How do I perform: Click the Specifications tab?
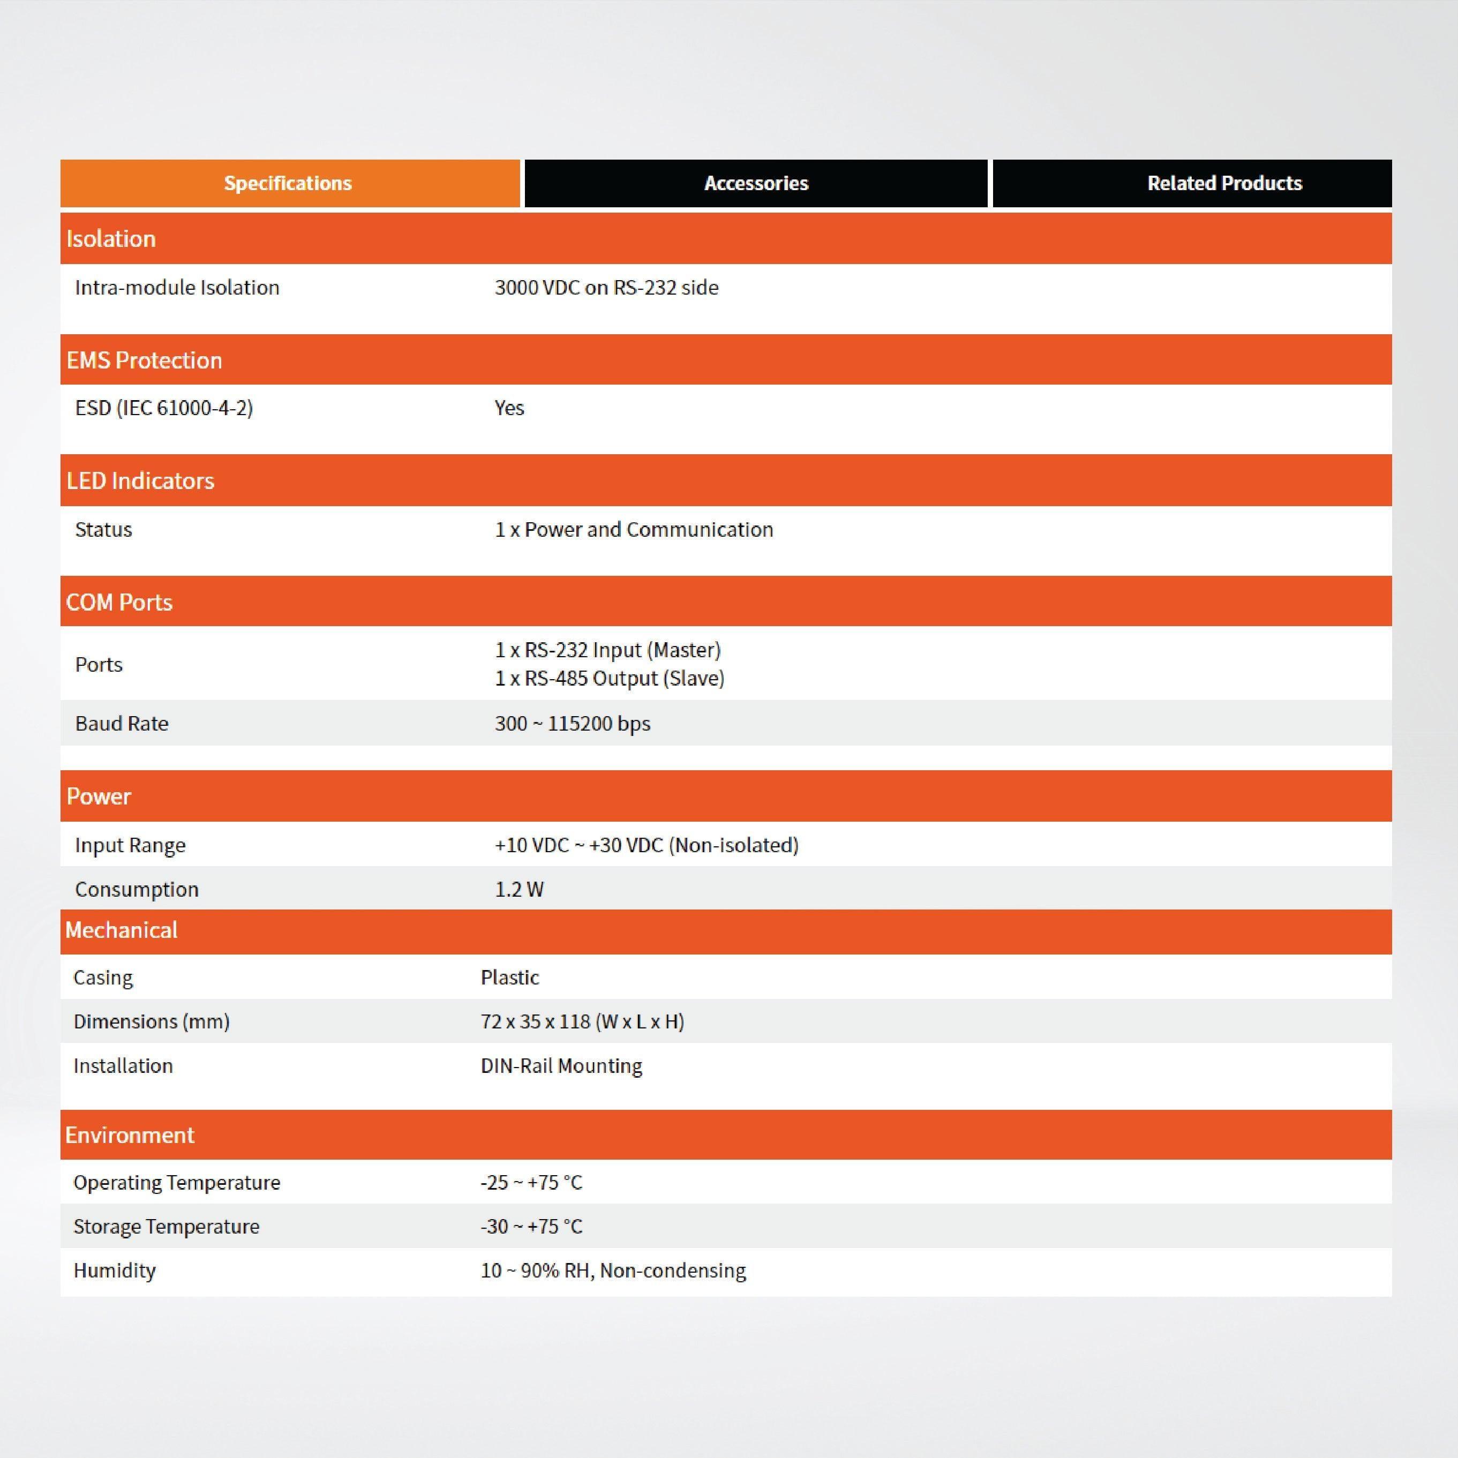pos(288,183)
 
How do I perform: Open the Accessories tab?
pos(756,183)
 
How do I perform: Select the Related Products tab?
pos(1224,183)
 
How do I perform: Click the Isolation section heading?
pos(111,238)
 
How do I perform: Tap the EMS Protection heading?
pos(144,360)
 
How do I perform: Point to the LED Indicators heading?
pos(140,480)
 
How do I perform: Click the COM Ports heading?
pos(119,602)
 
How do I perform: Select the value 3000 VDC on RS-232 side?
pos(606,288)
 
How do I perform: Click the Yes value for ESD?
pos(509,408)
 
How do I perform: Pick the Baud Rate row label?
pos(122,724)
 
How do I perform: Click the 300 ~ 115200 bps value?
pos(572,724)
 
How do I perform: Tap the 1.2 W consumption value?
pos(519,889)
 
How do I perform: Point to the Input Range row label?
pos(130,845)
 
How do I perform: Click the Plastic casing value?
pos(509,978)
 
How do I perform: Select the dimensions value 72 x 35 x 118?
pos(582,1022)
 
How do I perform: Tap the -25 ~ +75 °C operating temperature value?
pos(531,1183)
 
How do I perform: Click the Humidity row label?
pos(114,1271)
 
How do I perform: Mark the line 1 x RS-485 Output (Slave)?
pos(609,679)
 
